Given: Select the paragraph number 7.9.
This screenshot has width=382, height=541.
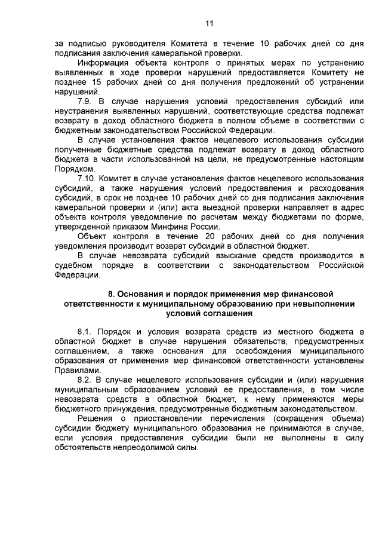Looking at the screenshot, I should [x=85, y=102].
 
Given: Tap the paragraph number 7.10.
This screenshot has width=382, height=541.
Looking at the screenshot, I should [x=87, y=178].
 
